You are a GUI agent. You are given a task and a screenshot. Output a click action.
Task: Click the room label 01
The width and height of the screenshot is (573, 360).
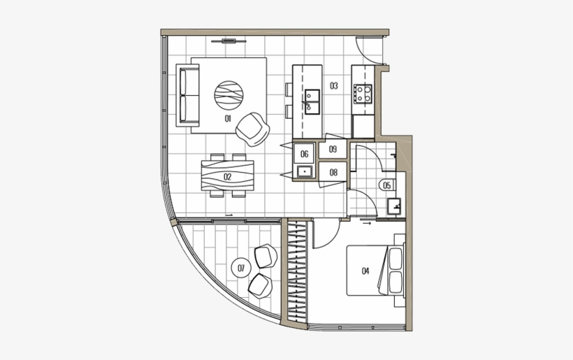[x=228, y=119]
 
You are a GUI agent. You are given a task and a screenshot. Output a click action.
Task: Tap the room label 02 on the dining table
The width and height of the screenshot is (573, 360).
[x=228, y=177]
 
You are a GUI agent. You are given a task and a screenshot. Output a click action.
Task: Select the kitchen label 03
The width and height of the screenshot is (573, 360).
[x=334, y=86]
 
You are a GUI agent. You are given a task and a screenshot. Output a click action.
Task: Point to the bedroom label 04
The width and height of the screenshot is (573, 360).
[x=365, y=271]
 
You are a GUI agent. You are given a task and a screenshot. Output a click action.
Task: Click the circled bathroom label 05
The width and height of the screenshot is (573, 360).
[x=386, y=185]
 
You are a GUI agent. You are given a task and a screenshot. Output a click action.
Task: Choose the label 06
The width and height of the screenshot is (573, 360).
[x=305, y=154]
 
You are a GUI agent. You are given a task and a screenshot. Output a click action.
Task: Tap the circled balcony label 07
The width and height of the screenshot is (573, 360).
[x=241, y=266]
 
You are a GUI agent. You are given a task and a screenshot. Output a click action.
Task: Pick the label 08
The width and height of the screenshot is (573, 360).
[x=333, y=172]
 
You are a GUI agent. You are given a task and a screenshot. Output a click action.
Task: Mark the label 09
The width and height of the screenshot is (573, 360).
[x=333, y=149]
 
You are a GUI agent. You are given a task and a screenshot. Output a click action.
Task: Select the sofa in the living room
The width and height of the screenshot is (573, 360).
[x=188, y=95]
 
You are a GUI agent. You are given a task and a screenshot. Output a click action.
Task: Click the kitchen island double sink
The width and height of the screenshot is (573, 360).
[x=312, y=101]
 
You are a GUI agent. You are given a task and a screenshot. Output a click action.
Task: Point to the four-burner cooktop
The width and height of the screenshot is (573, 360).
[x=363, y=94]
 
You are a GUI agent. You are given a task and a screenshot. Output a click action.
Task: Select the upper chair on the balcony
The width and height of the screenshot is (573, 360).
[x=266, y=257]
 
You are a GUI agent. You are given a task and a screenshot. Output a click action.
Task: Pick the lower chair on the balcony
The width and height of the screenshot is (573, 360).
[x=261, y=284]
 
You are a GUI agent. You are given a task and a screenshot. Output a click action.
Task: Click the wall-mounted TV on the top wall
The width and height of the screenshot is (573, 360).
[x=229, y=41]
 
